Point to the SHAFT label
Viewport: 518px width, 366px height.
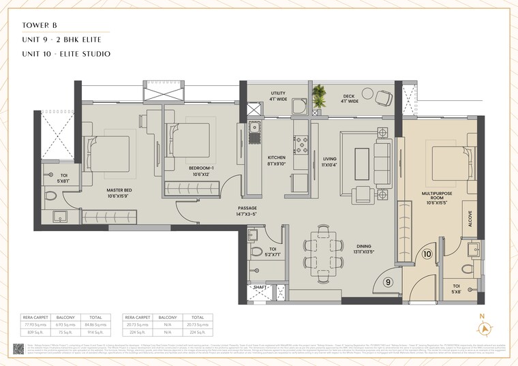click(260, 288)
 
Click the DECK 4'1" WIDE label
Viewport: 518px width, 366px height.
click(348, 95)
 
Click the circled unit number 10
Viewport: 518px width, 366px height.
click(427, 255)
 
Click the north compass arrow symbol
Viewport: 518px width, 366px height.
click(485, 329)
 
